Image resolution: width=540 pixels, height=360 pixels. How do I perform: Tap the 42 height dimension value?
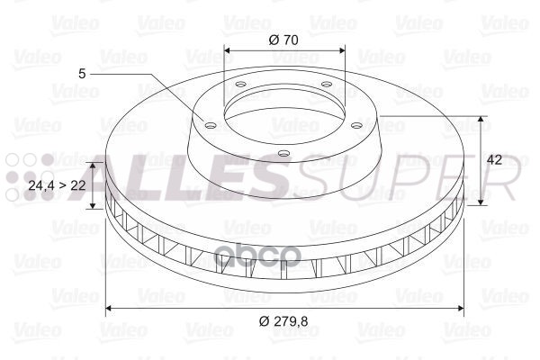tap(493, 159)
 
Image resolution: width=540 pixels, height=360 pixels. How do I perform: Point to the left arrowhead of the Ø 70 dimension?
tap(227, 51)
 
